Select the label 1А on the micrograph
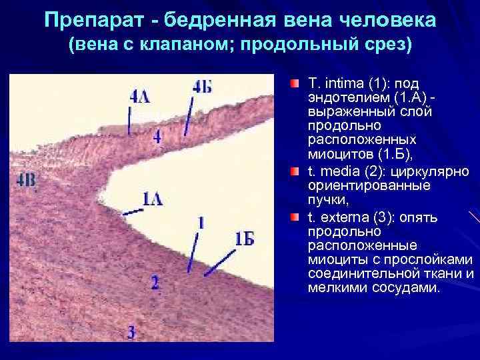[x=152, y=197]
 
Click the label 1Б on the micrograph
[x=245, y=238]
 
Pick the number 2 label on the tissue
[x=155, y=283]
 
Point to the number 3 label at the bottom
[x=132, y=331]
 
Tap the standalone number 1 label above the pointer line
[x=201, y=221]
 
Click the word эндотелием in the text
[x=337, y=98]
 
